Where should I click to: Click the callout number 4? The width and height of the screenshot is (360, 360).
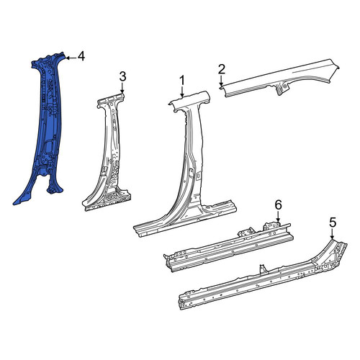81,57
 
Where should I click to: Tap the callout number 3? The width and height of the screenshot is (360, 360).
122,77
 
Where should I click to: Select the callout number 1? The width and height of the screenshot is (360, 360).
182,81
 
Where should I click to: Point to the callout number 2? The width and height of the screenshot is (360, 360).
222,69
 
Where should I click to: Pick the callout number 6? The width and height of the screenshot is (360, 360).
278,205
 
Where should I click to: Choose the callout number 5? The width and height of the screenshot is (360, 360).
333,223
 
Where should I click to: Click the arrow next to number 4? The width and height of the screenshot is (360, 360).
71,58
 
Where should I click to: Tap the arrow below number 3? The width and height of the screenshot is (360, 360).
122,88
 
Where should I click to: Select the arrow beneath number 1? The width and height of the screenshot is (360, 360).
182,92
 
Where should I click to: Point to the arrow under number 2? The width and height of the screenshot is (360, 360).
221,81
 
